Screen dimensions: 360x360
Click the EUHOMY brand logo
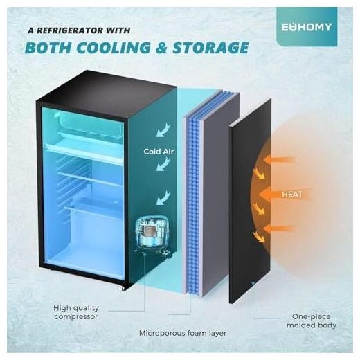[307, 27]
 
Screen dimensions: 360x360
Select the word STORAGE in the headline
[210, 48]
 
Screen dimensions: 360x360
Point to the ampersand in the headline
[161, 48]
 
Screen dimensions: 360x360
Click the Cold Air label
[159, 152]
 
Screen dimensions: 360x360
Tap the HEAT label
[292, 195]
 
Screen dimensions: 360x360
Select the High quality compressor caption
[76, 312]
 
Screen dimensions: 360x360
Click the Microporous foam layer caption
[183, 333]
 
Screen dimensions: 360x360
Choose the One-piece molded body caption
[312, 321]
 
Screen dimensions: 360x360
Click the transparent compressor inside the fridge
[153, 234]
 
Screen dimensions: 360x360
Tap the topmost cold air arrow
[163, 130]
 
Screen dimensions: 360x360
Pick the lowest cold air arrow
[163, 198]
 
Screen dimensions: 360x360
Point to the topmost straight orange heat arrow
[279, 160]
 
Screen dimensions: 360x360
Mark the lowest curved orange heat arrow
[259, 237]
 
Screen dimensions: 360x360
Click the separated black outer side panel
[250, 201]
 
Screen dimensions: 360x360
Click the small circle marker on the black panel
[253, 283]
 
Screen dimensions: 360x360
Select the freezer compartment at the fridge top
[88, 126]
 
